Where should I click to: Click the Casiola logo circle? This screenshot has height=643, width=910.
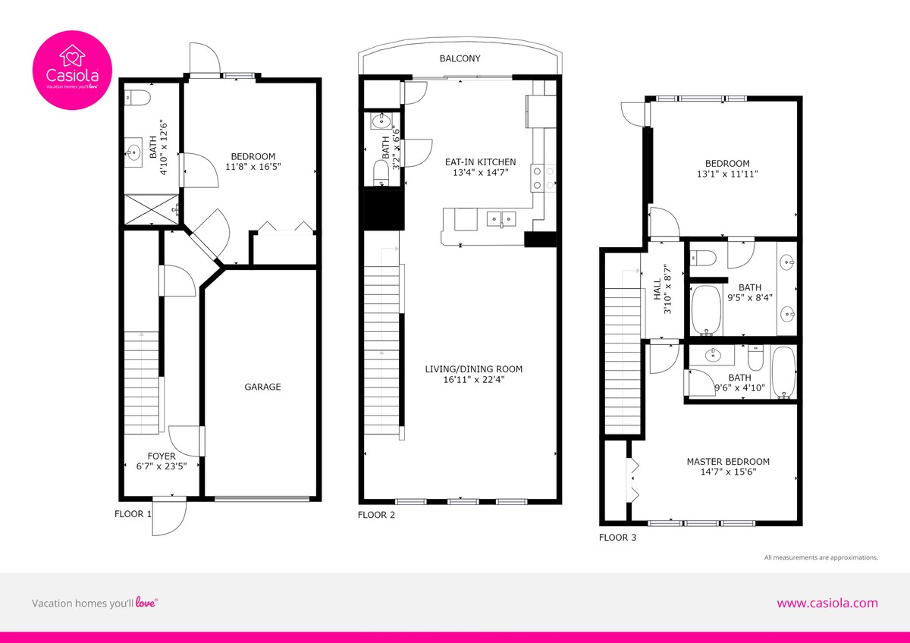tap(72, 70)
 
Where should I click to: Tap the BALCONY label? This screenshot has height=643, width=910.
tap(460, 58)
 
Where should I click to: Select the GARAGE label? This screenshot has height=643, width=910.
tap(262, 387)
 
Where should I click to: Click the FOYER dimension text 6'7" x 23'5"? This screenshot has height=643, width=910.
tap(162, 466)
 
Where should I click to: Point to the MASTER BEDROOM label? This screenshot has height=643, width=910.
tap(728, 462)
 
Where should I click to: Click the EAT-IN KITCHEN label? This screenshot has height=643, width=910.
tap(480, 162)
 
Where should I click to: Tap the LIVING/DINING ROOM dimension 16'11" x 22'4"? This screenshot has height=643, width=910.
tap(474, 379)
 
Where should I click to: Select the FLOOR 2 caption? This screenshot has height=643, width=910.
tap(376, 515)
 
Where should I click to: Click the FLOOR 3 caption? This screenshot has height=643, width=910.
tap(617, 538)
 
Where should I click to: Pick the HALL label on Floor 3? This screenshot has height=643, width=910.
tap(657, 289)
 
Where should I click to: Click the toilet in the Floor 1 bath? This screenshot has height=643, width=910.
tap(137, 98)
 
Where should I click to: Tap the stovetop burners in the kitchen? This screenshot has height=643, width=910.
tap(543, 178)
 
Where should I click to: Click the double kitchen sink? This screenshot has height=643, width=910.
tap(501, 219)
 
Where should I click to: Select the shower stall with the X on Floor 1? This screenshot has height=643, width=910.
tap(151, 209)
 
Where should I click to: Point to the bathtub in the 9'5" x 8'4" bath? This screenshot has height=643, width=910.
tap(707, 310)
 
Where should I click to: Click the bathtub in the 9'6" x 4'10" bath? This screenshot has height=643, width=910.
tap(783, 372)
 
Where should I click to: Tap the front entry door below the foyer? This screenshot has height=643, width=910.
tap(169, 516)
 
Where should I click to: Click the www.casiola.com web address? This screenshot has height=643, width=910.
tap(827, 603)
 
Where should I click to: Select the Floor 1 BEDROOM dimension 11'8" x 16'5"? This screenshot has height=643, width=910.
tap(253, 167)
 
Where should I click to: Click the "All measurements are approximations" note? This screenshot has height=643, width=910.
tap(821, 557)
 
